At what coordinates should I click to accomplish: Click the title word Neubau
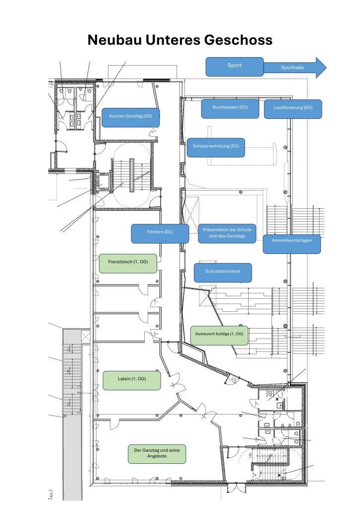point(115,40)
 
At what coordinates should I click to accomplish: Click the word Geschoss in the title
point(238,40)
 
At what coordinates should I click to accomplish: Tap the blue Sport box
point(234,67)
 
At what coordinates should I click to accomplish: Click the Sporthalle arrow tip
point(326,68)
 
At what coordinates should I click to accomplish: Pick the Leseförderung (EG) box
point(293,109)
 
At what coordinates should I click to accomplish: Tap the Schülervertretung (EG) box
point(216,148)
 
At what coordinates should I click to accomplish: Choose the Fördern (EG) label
point(160,234)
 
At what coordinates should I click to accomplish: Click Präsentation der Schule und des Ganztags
point(227,234)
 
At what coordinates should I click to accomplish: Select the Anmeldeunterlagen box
point(292,244)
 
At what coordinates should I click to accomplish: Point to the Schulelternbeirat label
point(223,273)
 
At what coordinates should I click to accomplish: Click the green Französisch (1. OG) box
point(128,263)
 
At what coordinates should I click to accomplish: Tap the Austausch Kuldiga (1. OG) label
point(219,336)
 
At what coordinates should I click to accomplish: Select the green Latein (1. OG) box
point(132,380)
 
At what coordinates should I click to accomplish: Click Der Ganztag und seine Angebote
point(157,454)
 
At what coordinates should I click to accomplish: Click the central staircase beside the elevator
point(131,175)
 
